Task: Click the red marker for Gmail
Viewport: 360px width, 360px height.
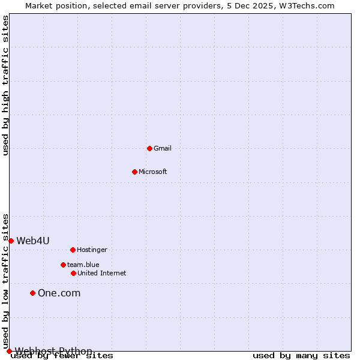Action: pos(149,148)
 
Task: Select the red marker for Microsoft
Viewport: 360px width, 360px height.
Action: pos(134,172)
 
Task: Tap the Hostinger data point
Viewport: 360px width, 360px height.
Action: pos(73,250)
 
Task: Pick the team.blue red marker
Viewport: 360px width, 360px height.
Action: pos(63,265)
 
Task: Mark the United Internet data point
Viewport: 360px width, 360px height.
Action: pos(73,273)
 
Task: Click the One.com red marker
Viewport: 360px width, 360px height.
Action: pos(33,293)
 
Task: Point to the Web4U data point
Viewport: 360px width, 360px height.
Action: pos(11,241)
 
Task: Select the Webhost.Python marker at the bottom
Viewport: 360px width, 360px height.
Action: pos(9,351)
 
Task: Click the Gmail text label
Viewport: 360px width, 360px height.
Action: pos(163,149)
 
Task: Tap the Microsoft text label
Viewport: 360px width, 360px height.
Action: pos(153,172)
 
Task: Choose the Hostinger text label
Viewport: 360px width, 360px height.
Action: pos(92,250)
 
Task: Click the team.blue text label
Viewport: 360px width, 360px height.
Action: pos(83,265)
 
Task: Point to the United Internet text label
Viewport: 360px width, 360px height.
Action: pos(102,274)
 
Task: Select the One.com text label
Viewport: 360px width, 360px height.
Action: pos(59,293)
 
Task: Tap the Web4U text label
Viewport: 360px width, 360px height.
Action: pos(33,241)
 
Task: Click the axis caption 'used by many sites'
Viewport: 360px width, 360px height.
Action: pos(301,356)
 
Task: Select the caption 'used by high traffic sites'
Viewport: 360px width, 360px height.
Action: pos(6,86)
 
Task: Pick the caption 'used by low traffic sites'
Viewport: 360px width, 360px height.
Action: pos(6,281)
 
